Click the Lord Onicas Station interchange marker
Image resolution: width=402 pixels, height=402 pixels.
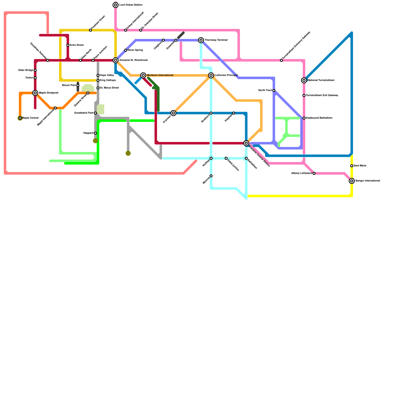point(116,5)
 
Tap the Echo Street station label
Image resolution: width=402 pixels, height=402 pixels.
point(77,45)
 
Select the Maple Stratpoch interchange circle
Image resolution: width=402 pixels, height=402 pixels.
point(35,93)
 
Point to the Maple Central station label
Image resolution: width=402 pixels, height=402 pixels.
point(30,118)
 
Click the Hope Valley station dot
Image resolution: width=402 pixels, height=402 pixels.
point(98,75)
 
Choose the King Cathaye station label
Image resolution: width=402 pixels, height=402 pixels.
point(108,80)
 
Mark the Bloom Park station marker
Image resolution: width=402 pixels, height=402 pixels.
point(78,85)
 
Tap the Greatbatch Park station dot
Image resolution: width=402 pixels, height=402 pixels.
point(95,113)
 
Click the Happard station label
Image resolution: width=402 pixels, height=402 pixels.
point(88,133)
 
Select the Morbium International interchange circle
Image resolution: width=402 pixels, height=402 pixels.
point(143,75)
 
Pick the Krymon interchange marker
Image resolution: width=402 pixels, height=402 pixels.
point(173,113)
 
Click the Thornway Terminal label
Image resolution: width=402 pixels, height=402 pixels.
point(216,40)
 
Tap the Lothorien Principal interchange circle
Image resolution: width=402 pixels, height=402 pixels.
point(211,75)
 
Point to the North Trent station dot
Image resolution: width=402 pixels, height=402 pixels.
point(274,90)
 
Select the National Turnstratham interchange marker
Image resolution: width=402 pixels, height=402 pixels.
point(304,80)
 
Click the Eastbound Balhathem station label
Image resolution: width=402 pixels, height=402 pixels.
point(319,118)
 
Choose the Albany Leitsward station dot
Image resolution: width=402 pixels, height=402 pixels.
point(314,173)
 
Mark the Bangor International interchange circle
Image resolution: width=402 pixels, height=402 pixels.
point(352,181)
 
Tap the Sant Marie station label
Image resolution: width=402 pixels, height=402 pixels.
point(360,166)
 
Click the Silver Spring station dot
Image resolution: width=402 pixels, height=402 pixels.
point(126,50)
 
